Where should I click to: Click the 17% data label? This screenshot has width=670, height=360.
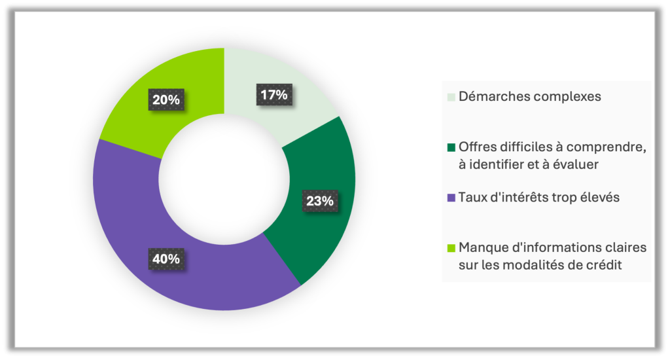click(273, 95)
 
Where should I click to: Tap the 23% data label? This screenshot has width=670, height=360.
click(319, 200)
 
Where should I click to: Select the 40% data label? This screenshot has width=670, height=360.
click(166, 259)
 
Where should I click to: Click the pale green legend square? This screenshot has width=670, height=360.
click(451, 97)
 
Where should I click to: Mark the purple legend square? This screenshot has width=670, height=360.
click(451, 197)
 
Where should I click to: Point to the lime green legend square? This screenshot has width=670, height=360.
click(451, 247)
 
